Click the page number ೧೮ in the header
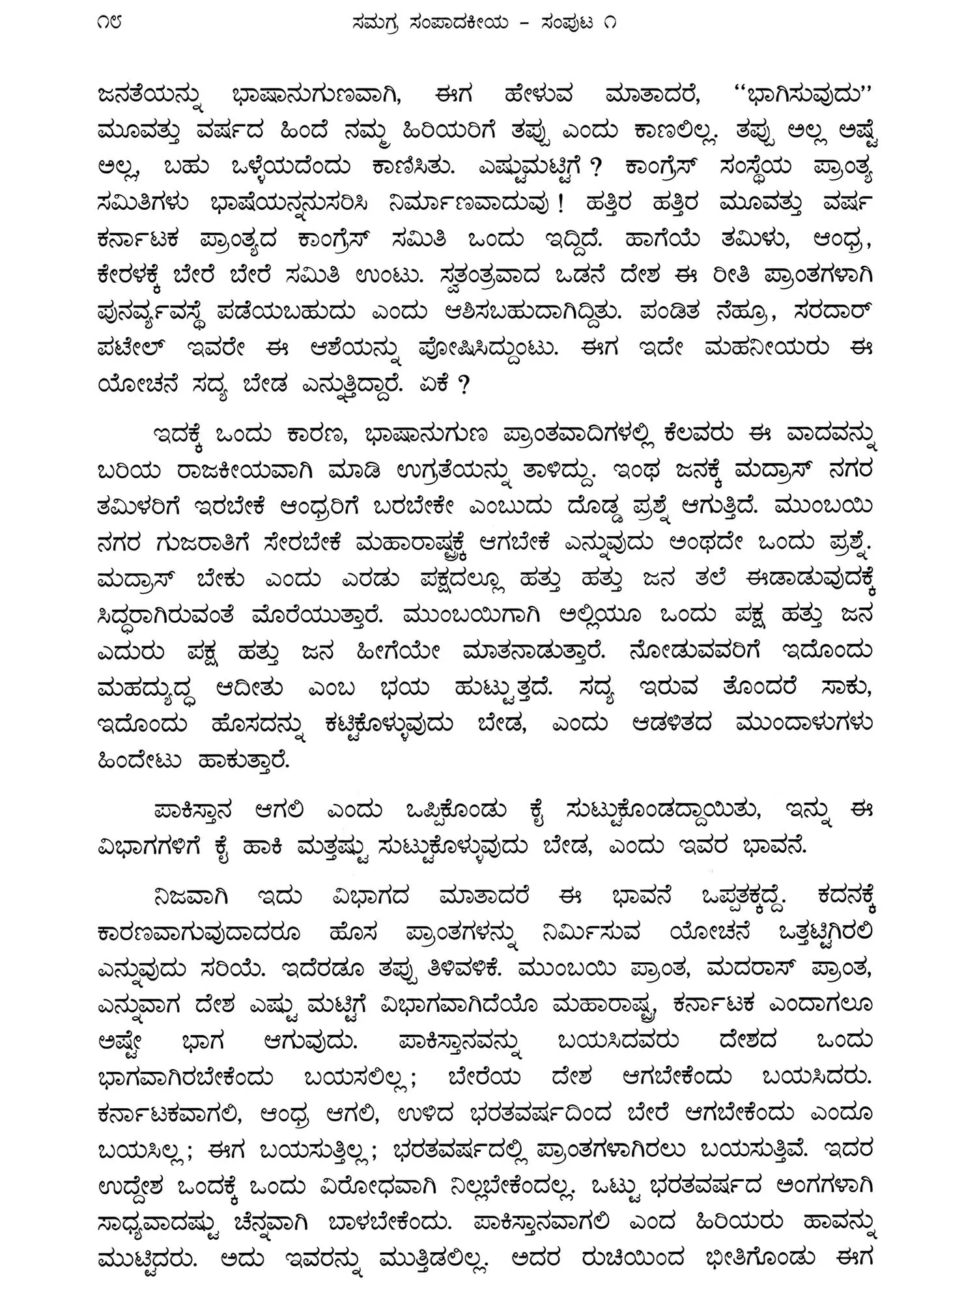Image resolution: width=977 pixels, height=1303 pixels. click(x=109, y=23)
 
